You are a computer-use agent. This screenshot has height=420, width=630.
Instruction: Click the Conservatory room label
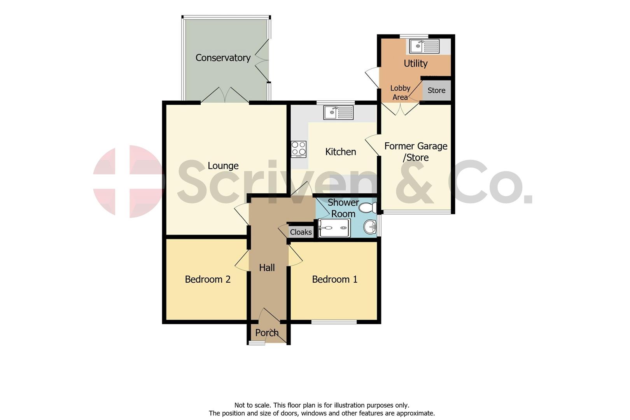pyautogui.click(x=223, y=58)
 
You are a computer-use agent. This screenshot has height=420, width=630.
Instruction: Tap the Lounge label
pyautogui.click(x=223, y=166)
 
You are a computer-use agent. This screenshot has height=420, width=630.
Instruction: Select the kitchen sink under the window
pyautogui.click(x=338, y=112)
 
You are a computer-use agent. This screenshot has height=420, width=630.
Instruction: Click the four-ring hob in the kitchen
pyautogui.click(x=299, y=149)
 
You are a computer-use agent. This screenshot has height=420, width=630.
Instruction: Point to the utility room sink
pyautogui.click(x=424, y=46)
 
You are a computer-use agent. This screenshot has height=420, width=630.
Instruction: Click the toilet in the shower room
pyautogui.click(x=368, y=207)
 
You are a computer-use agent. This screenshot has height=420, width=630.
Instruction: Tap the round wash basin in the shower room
pyautogui.click(x=370, y=227)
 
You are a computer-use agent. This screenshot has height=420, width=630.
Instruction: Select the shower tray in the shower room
pyautogui.click(x=334, y=228)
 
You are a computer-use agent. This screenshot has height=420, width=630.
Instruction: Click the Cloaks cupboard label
pyautogui.click(x=301, y=232)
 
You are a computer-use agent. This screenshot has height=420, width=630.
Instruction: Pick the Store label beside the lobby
pyautogui.click(x=436, y=91)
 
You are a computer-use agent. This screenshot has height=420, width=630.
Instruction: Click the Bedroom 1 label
pyautogui.click(x=334, y=279)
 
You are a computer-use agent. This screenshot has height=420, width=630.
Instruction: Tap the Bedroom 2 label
pyautogui.click(x=208, y=279)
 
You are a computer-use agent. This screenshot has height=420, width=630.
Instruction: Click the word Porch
pyautogui.click(x=267, y=333)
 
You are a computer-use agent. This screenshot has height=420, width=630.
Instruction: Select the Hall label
pyautogui.click(x=267, y=268)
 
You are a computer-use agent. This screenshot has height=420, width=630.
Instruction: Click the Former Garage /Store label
pyautogui.click(x=416, y=152)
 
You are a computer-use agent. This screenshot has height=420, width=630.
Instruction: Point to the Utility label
pyautogui.click(x=415, y=63)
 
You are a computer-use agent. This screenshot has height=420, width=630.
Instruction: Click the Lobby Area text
pyautogui.click(x=400, y=93)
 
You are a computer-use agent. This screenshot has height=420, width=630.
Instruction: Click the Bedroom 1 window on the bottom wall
pyautogui.click(x=334, y=322)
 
